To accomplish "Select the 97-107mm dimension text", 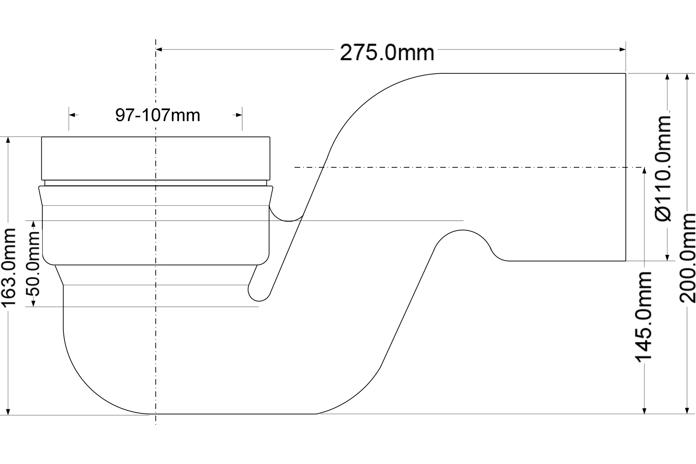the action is (x=158, y=115).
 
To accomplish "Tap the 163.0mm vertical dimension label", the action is (x=8, y=268).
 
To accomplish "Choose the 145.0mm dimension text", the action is (x=644, y=317).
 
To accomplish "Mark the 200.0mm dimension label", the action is (x=687, y=258).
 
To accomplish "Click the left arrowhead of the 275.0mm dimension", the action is (x=159, y=49).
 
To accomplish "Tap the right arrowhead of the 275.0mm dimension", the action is (x=622, y=49).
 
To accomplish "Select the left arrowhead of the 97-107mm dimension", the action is (x=72, y=115).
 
